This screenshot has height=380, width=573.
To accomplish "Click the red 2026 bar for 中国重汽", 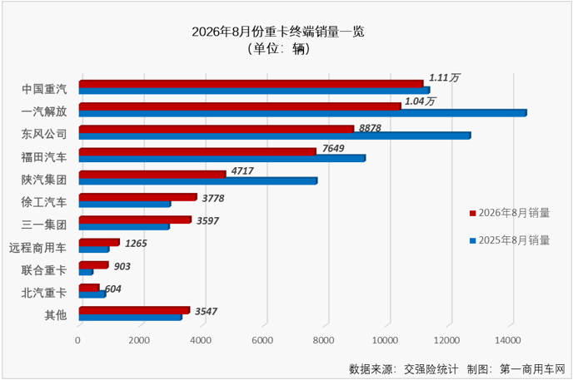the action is pyautogui.click(x=251, y=84).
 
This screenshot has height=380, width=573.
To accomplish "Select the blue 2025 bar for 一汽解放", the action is pyautogui.click(x=302, y=113).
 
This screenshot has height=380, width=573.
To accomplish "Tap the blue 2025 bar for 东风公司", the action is pyautogui.click(x=275, y=136).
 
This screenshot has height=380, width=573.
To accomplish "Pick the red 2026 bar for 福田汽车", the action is pyautogui.click(x=197, y=151).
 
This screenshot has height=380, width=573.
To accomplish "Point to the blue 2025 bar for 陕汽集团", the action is pyautogui.click(x=198, y=181).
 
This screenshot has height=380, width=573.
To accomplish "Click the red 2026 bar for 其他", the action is pyautogui.click(x=134, y=310).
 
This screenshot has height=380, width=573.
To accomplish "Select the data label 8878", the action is pyautogui.click(x=370, y=128).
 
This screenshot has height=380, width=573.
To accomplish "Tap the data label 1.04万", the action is pyautogui.click(x=420, y=101).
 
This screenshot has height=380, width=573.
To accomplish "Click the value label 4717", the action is pyautogui.click(x=242, y=171).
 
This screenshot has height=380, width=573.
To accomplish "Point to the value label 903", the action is pyautogui.click(x=122, y=267).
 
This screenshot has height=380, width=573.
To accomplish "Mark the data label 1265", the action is pyautogui.click(x=136, y=244).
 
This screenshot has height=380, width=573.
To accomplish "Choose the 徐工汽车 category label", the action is pyautogui.click(x=44, y=202).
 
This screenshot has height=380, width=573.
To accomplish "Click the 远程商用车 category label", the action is pyautogui.click(x=38, y=248).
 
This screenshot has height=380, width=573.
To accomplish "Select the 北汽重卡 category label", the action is pyautogui.click(x=44, y=293).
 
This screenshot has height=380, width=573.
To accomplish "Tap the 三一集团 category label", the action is pyautogui.click(x=44, y=225).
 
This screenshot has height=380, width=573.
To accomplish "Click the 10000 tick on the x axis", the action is pyautogui.click(x=385, y=340).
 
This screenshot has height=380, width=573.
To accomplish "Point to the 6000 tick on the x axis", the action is pyautogui.click(x=262, y=340).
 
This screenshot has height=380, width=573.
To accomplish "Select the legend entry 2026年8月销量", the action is pyautogui.click(x=510, y=213).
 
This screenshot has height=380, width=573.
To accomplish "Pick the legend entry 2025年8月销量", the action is pyautogui.click(x=510, y=240).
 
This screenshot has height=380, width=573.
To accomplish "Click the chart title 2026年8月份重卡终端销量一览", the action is pyautogui.click(x=278, y=32).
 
